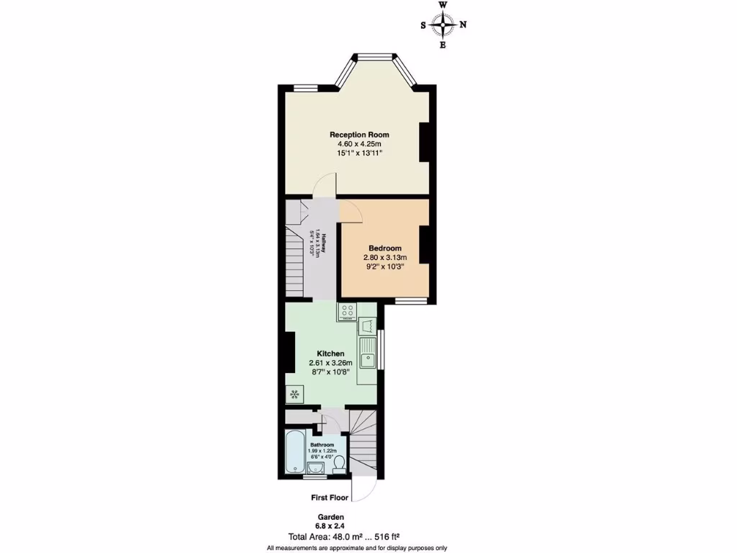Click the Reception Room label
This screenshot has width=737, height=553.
coord(359,135)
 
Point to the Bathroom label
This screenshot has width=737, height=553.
coord(322,445)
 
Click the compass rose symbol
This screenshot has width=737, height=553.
coord(443,25)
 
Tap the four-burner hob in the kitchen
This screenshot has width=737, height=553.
coord(347,312)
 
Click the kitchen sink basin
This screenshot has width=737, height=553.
coord(368,357)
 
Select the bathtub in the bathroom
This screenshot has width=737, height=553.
coord(295,452)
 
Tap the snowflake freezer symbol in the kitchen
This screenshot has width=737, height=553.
coord(294,394)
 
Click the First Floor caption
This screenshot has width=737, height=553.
coord(330,498)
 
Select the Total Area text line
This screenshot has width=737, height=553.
coord(343,536)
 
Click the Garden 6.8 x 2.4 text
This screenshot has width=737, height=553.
coord(331,521)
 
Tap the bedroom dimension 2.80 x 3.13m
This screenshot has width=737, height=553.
coord(385,258)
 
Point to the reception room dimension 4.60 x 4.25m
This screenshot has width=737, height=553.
coord(359,144)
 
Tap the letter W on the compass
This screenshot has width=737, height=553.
coord(443,5)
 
